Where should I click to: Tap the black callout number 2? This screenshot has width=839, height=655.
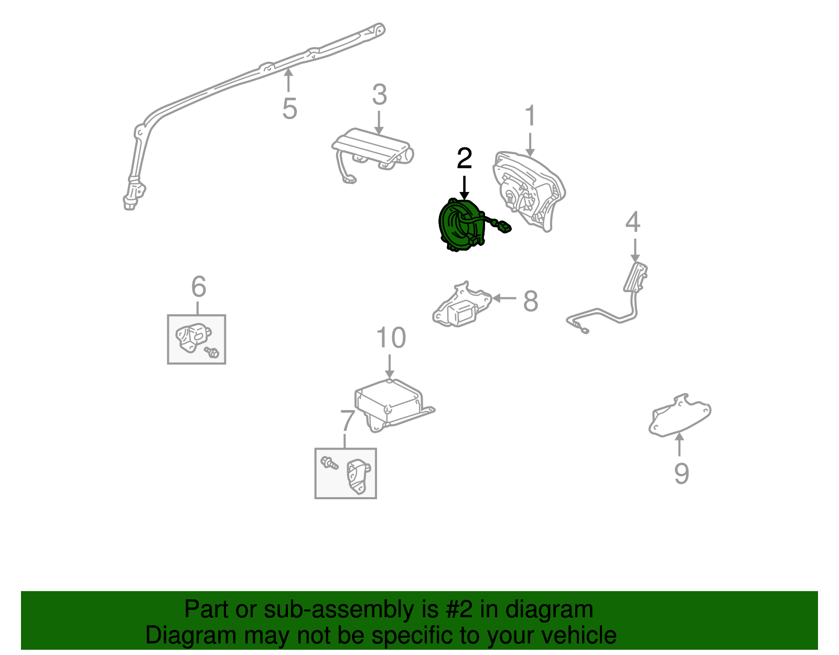pyautogui.click(x=464, y=158)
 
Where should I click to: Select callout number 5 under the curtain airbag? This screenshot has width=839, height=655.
pyautogui.click(x=289, y=109)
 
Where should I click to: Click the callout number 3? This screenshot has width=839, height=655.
pyautogui.click(x=379, y=95)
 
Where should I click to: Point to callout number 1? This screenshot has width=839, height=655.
pyautogui.click(x=531, y=115)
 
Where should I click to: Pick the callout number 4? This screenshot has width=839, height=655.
pyautogui.click(x=633, y=222)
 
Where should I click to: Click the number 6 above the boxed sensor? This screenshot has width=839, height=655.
pyautogui.click(x=198, y=287)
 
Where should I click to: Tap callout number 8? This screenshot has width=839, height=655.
pyautogui.click(x=531, y=301)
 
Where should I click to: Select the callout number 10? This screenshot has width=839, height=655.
pyautogui.click(x=391, y=338)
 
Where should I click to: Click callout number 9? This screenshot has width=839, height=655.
pyautogui.click(x=681, y=474)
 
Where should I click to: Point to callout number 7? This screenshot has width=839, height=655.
pyautogui.click(x=347, y=420)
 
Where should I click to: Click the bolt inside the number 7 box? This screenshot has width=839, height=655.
pyautogui.click(x=329, y=463)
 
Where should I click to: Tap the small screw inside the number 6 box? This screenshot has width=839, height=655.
pyautogui.click(x=212, y=352)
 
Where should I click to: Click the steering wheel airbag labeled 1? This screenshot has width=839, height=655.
pyautogui.click(x=527, y=189)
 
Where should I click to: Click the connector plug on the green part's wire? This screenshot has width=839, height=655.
pyautogui.click(x=503, y=227)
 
